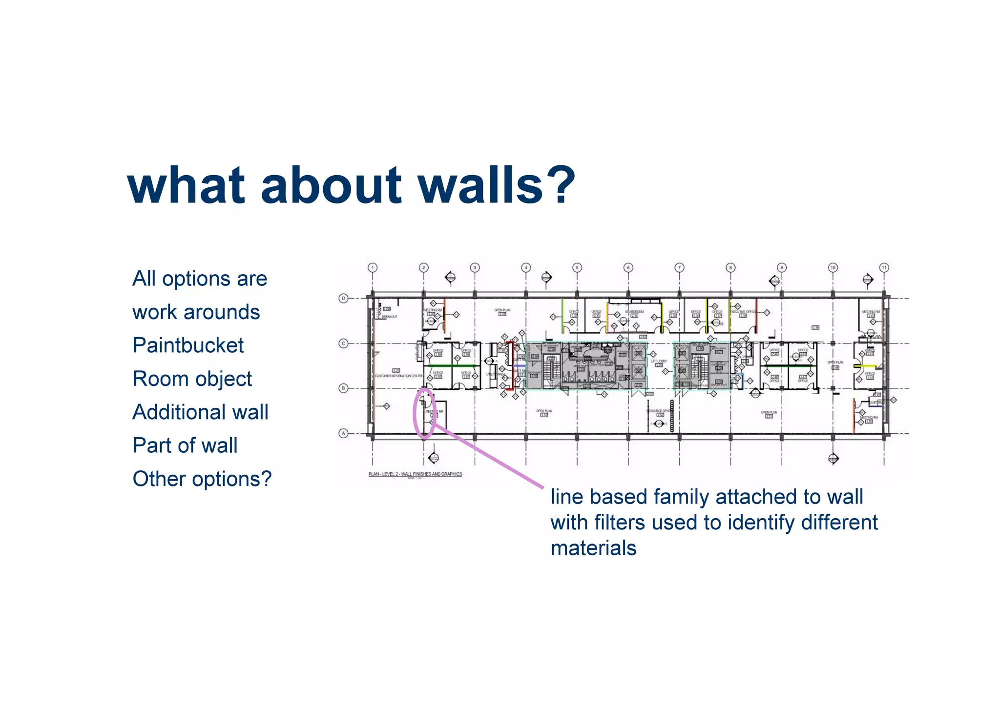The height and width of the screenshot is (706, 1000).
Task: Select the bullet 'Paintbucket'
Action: click(x=188, y=345)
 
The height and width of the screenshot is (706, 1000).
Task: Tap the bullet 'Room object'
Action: click(x=192, y=379)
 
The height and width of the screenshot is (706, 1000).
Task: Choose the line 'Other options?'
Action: click(x=202, y=479)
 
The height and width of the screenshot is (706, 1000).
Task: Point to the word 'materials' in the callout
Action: click(x=593, y=548)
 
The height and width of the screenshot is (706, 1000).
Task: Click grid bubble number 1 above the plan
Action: click(x=373, y=267)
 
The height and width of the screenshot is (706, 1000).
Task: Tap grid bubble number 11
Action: click(x=884, y=267)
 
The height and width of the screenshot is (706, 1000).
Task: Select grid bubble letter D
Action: click(x=343, y=298)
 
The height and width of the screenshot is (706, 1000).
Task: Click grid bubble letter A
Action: click(x=343, y=433)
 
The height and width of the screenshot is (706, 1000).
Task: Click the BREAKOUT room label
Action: click(x=389, y=317)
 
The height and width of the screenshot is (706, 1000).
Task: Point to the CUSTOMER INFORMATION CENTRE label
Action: click(x=399, y=376)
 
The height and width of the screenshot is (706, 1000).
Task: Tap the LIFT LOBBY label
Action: click(x=659, y=362)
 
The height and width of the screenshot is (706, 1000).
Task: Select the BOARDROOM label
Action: click(x=634, y=311)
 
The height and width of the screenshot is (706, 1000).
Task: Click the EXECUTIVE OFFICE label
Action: click(x=743, y=311)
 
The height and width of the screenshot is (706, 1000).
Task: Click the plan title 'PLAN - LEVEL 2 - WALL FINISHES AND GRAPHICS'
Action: click(x=415, y=474)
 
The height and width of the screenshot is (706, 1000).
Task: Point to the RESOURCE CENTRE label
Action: click(x=659, y=411)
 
